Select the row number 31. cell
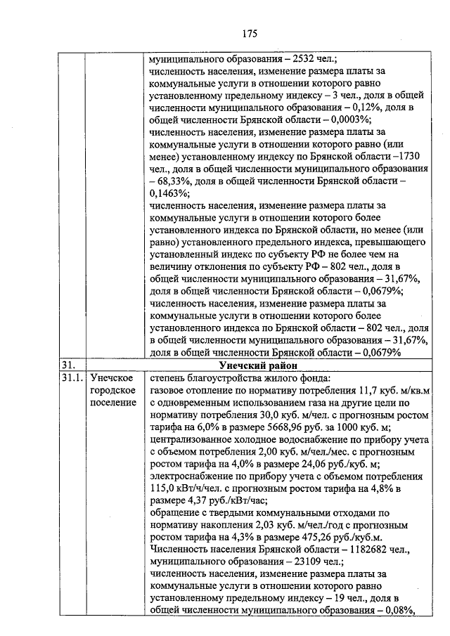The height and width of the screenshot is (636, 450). pyautogui.click(x=69, y=365)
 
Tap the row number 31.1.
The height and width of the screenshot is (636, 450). pyautogui.click(x=71, y=379)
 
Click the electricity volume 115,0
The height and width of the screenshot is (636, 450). pyautogui.click(x=165, y=488)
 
